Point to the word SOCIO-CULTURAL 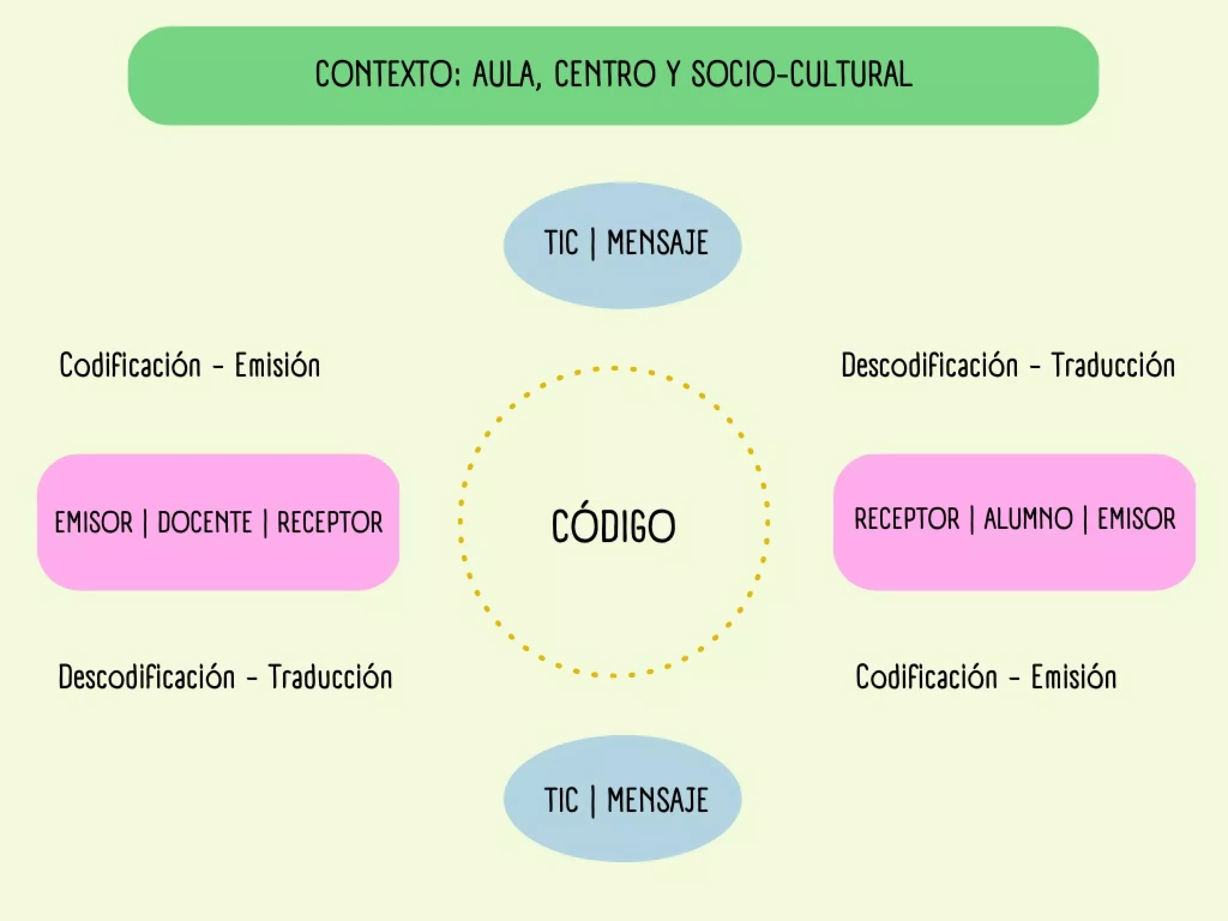point(801,75)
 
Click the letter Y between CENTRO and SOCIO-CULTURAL point(673,75)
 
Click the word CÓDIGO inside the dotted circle point(613,526)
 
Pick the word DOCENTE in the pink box point(204,522)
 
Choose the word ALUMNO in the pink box point(1028,519)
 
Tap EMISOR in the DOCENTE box point(94,522)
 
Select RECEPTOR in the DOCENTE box point(329,522)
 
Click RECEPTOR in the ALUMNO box point(907,519)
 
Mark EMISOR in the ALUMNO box point(1136,519)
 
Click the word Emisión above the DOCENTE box point(277,365)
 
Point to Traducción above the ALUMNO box point(1113,365)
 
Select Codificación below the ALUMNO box point(926,677)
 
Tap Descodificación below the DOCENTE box point(146,677)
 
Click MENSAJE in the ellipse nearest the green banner point(657,243)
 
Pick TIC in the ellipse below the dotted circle point(561,800)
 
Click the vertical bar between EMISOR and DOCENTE point(145,523)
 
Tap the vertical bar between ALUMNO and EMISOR point(1085,519)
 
